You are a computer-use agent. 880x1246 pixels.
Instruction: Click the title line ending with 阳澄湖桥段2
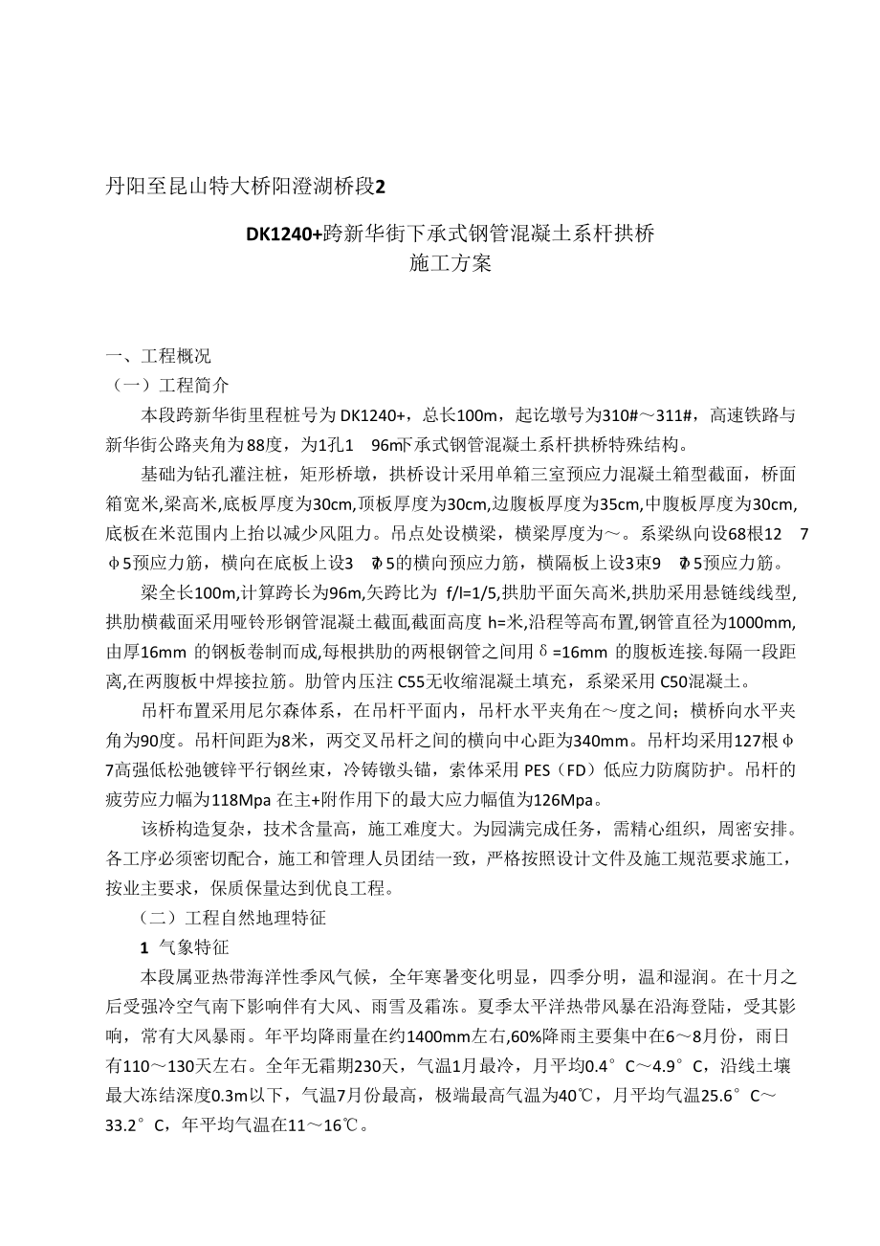(x=244, y=185)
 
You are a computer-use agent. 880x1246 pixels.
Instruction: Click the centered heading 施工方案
(x=450, y=264)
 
